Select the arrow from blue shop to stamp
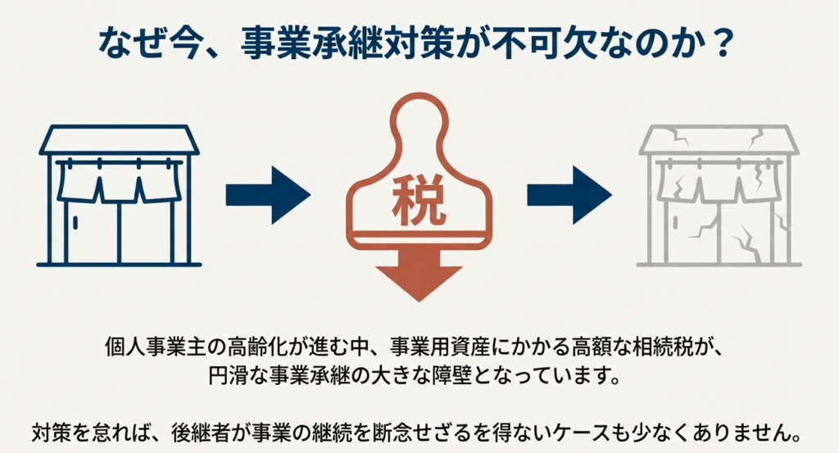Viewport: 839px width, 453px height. (x=267, y=195)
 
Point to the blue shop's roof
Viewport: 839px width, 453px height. (x=120, y=141)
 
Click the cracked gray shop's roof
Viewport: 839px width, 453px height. (x=719, y=141)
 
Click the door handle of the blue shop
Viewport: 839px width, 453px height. (x=75, y=221)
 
